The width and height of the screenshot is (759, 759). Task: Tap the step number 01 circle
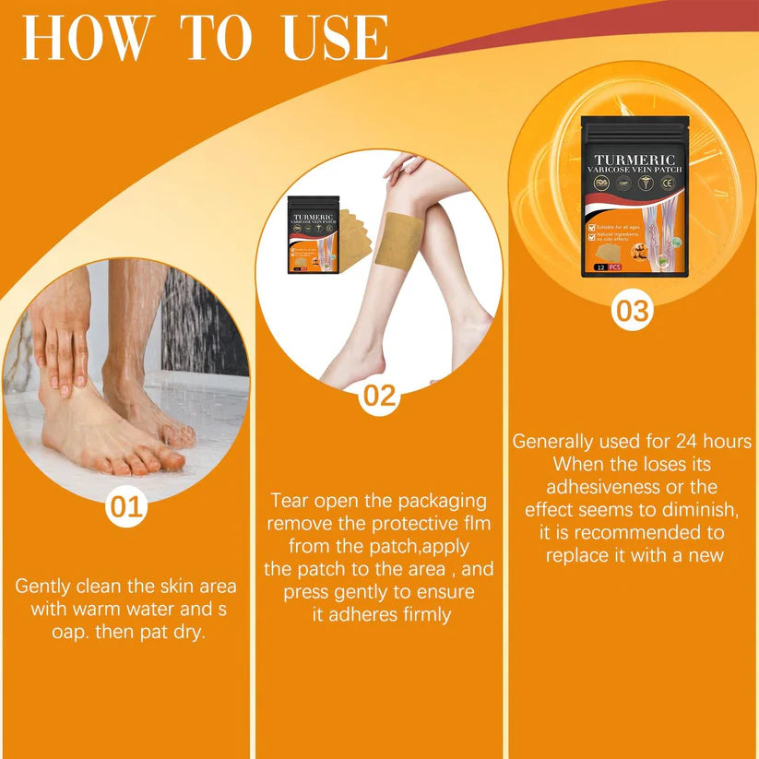[127, 506]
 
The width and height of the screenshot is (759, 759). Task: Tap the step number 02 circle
[378, 397]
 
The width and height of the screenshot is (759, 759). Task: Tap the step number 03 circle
[633, 311]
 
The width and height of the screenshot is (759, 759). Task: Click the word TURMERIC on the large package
[634, 159]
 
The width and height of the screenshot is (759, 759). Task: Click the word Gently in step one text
[45, 587]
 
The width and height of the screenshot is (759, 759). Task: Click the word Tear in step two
[290, 501]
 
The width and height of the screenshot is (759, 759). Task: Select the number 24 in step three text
[692, 441]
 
